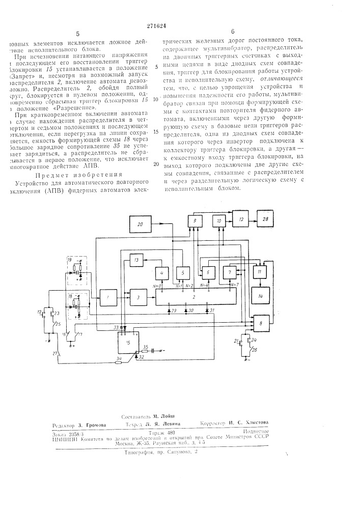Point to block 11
pos(260,274)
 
